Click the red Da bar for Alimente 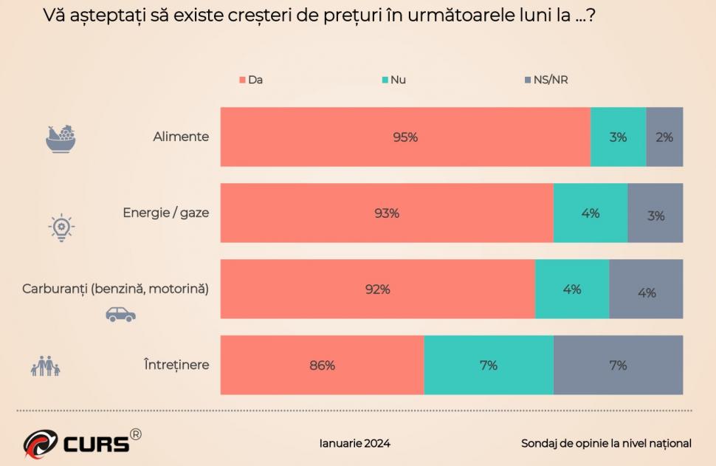coord(405,137)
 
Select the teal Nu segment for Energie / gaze coord(591,213)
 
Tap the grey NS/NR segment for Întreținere coord(618,365)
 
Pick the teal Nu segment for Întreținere coord(489,365)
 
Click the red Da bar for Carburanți coord(377,289)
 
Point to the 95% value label coord(405,137)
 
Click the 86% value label coord(322,365)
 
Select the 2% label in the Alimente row coord(664,137)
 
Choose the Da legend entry coord(251,80)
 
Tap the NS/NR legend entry coord(545,80)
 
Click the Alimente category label coord(181,137)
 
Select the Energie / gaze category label coord(166,213)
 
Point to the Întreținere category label coord(176,365)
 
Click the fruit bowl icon coord(61,138)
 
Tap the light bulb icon coord(61,228)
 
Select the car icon coord(120,314)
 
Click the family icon coord(45,366)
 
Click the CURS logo coord(81,442)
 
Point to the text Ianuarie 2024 coord(354,443)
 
